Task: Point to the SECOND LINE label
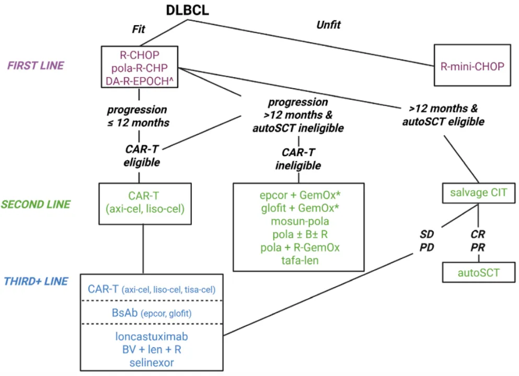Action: [x=36, y=204]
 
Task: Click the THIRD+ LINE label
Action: [x=36, y=281]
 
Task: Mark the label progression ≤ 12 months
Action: [x=138, y=116]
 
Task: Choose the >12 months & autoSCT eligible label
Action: [x=444, y=115]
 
